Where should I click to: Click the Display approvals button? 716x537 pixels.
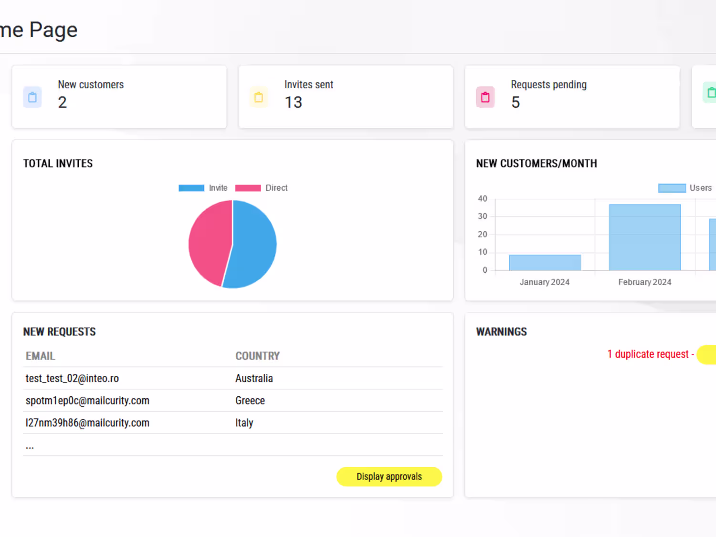pos(389,476)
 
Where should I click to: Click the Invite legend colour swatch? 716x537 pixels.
pos(191,188)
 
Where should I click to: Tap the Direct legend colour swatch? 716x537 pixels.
pos(248,188)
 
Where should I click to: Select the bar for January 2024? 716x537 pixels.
pos(545,262)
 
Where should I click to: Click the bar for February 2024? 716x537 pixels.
pos(645,237)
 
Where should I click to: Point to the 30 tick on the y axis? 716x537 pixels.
pos(483,217)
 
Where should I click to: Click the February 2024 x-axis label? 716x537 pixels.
pos(645,282)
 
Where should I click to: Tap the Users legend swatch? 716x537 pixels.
pos(672,188)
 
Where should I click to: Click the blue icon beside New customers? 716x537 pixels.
pos(32,97)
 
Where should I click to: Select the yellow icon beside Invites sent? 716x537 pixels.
pos(259,97)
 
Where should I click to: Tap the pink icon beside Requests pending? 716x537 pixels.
pos(485,97)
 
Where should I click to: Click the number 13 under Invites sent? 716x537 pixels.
pos(294,103)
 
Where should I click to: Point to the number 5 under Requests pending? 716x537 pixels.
pos(516,103)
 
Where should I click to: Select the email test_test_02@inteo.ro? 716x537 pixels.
pos(72,378)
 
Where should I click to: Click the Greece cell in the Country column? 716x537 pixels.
pos(250,401)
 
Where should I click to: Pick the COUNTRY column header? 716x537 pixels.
pos(258,356)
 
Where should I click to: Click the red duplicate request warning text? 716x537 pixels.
pos(651,354)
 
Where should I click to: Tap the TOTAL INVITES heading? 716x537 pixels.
pos(58,163)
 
